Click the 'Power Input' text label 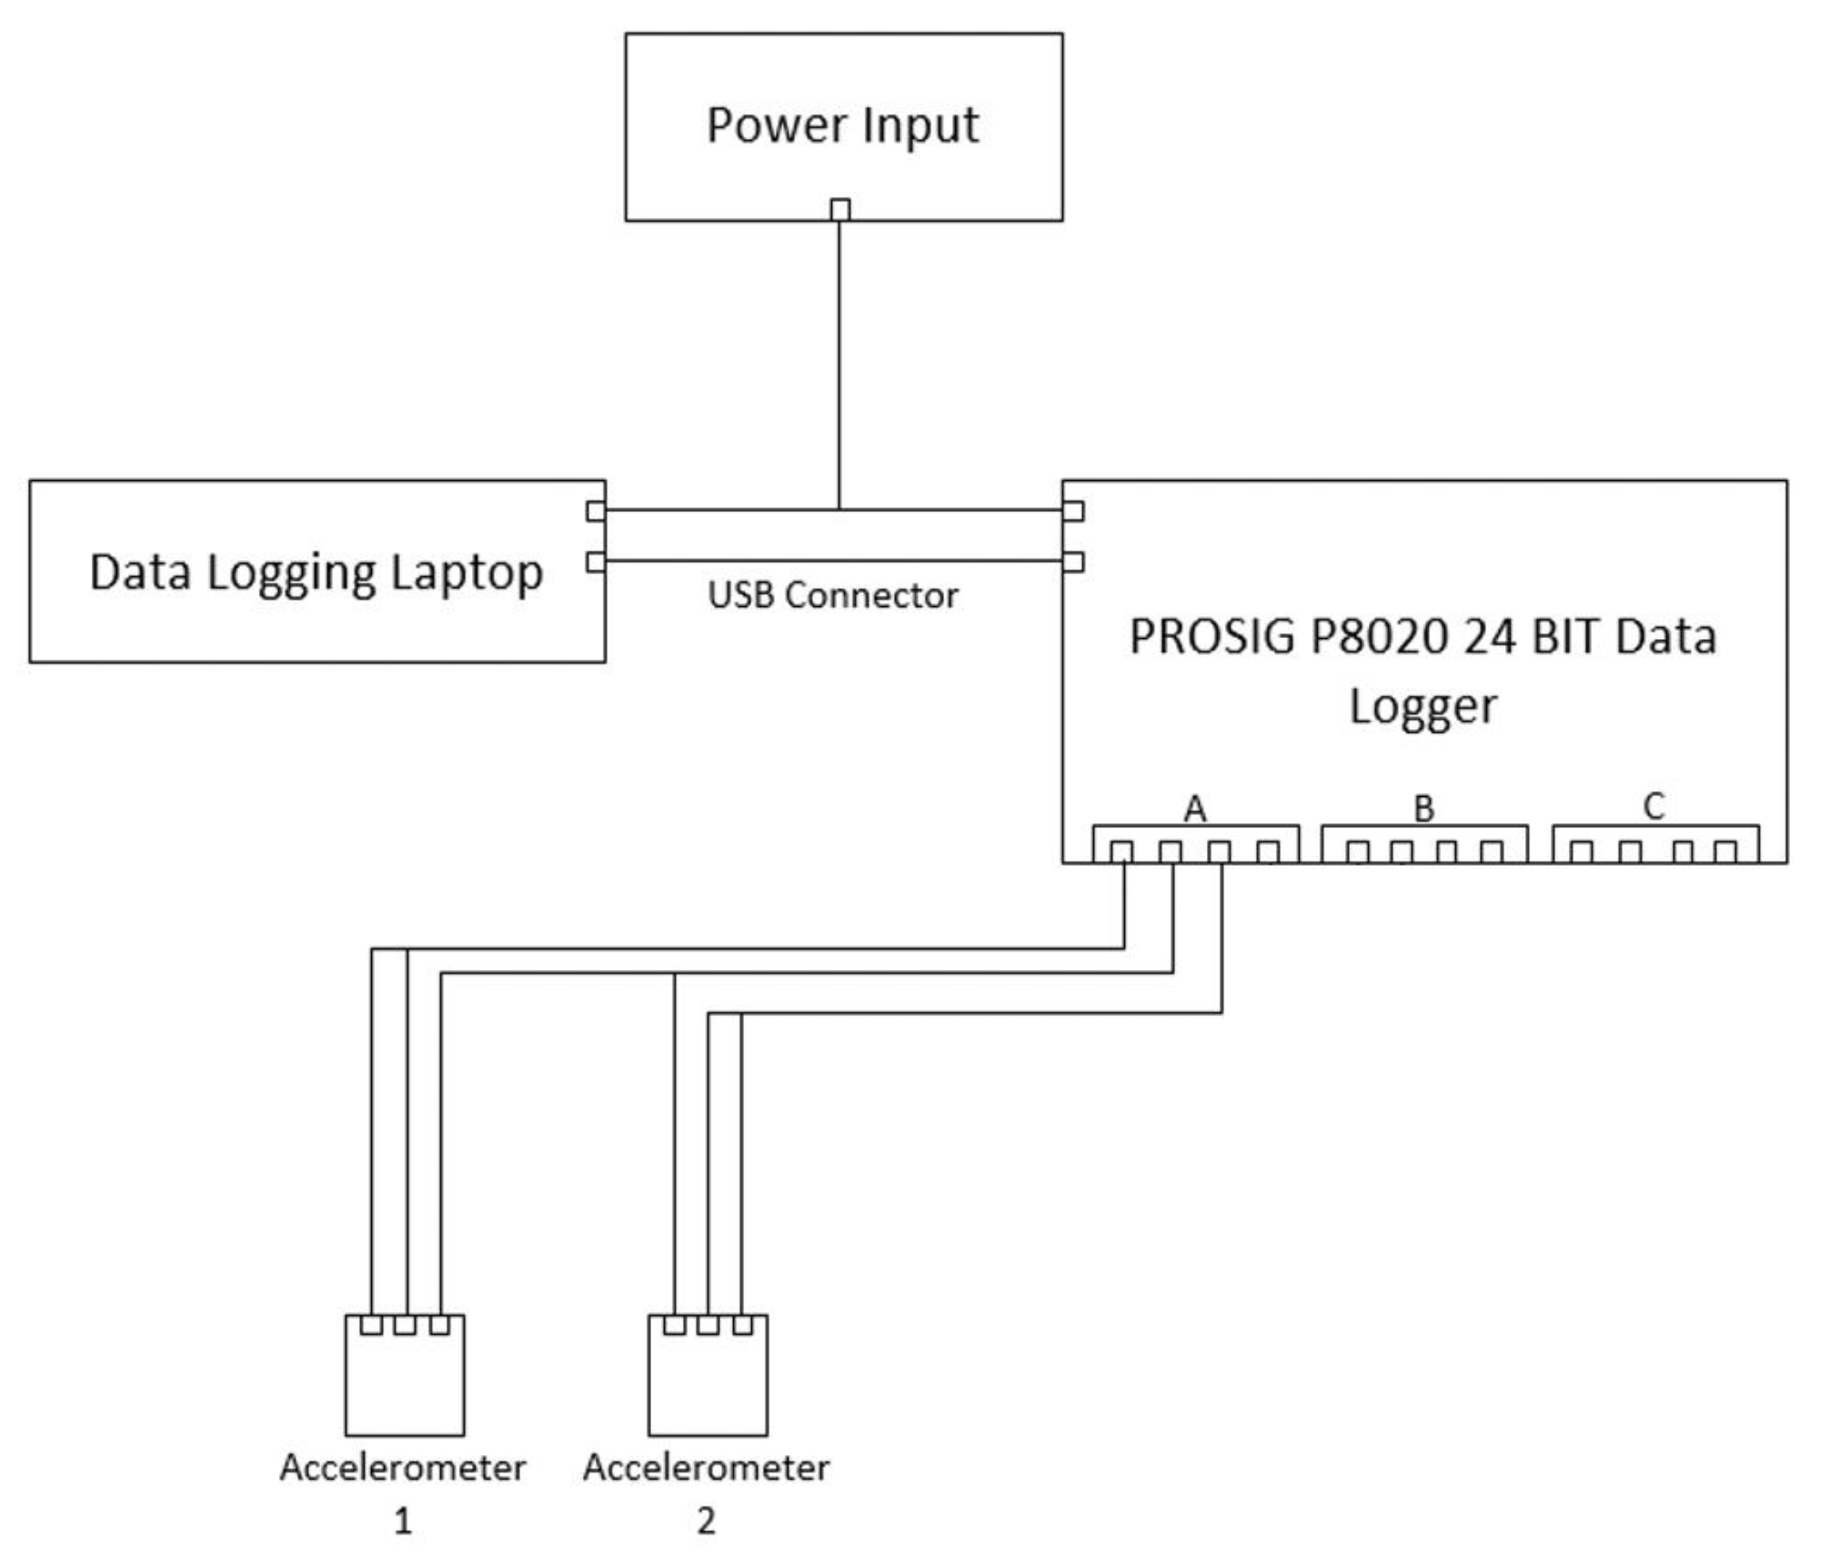pyautogui.click(x=842, y=125)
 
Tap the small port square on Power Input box pyautogui.click(x=840, y=209)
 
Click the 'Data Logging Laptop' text pyautogui.click(x=317, y=573)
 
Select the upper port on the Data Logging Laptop pyautogui.click(x=596, y=511)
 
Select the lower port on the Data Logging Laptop pyautogui.click(x=596, y=561)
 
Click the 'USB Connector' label pyautogui.click(x=832, y=595)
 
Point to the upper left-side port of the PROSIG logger pyautogui.click(x=1073, y=511)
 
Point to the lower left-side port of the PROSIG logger pyautogui.click(x=1073, y=561)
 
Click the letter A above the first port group pyautogui.click(x=1194, y=808)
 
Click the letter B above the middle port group pyautogui.click(x=1423, y=808)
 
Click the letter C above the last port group pyautogui.click(x=1653, y=806)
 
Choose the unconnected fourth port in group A pyautogui.click(x=1267, y=851)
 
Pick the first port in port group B pyautogui.click(x=1358, y=851)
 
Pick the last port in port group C pyautogui.click(x=1726, y=851)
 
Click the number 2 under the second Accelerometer pyautogui.click(x=706, y=1520)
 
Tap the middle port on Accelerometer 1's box pyautogui.click(x=404, y=1324)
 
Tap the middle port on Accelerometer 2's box pyautogui.click(x=707, y=1324)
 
